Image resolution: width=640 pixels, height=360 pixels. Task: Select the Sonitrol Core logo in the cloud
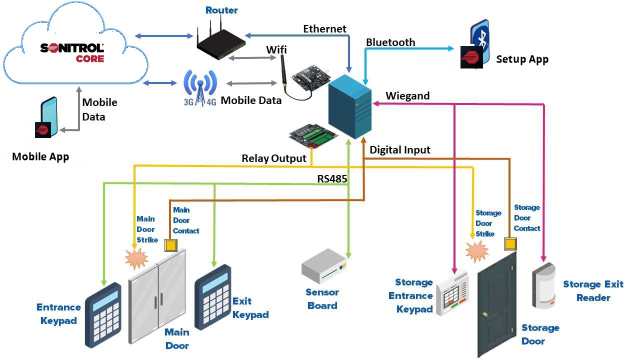tap(73, 52)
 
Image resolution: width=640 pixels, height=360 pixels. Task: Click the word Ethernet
tap(324, 29)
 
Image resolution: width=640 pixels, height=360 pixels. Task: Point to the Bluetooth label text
tap(390, 42)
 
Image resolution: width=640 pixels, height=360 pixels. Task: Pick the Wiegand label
tap(407, 96)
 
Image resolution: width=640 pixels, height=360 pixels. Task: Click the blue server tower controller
tap(349, 106)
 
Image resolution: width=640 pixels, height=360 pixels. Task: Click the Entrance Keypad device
tap(103, 314)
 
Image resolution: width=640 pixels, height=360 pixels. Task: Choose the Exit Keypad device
tap(213, 296)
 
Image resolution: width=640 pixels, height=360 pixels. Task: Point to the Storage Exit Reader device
tap(544, 284)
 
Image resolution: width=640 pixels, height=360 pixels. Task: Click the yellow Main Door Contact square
tap(171, 245)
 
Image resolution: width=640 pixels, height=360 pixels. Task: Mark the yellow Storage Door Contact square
tap(510, 243)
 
